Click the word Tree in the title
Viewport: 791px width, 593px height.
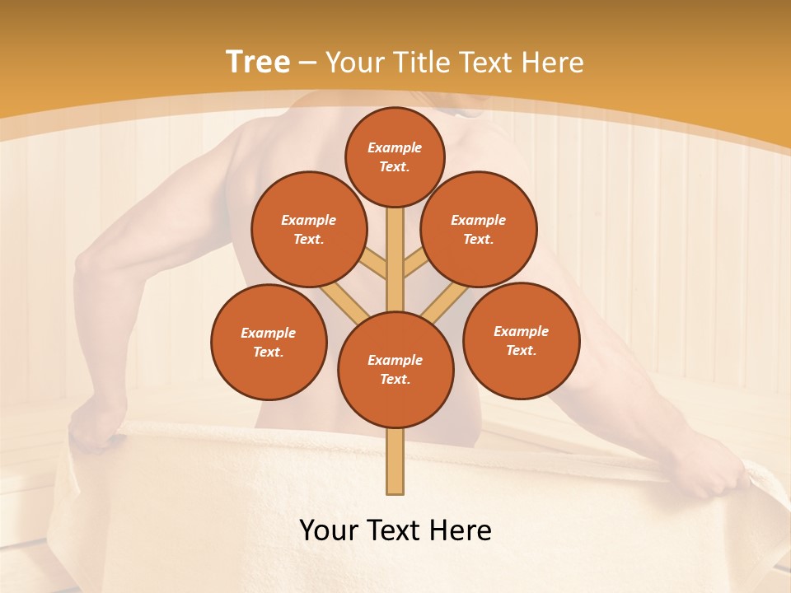(258, 63)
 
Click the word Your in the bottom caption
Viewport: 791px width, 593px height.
(329, 530)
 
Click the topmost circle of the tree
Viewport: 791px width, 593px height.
(395, 157)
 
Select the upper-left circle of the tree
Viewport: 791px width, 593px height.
(308, 229)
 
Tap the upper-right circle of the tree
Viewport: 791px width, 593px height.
(478, 229)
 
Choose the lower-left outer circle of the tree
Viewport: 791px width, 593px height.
(269, 342)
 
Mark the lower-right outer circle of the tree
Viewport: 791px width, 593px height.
(521, 340)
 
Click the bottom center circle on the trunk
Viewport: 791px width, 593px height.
(395, 369)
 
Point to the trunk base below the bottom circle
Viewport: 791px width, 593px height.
(395, 461)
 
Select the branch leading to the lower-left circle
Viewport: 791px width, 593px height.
(344, 301)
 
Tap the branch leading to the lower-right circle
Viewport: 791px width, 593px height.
(445, 301)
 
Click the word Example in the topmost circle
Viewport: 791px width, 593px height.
(395, 148)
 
